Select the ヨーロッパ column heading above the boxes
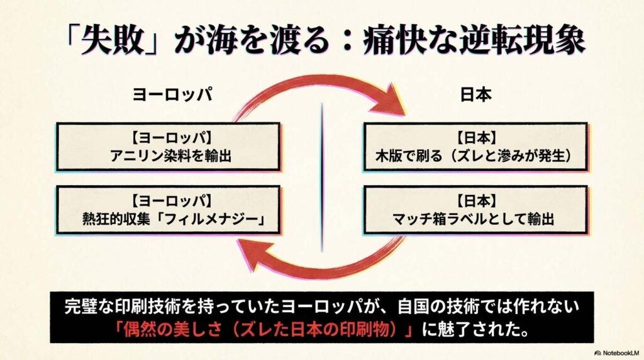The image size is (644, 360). (x=170, y=94)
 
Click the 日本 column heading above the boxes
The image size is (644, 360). (x=475, y=94)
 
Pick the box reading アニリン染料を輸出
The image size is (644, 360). (x=169, y=146)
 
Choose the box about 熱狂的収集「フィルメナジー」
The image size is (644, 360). (x=169, y=210)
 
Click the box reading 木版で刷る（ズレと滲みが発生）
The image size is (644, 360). (x=475, y=146)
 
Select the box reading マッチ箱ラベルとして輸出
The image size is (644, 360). (x=475, y=210)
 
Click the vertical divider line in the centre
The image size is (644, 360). (x=322, y=176)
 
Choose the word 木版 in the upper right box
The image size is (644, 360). (x=395, y=155)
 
